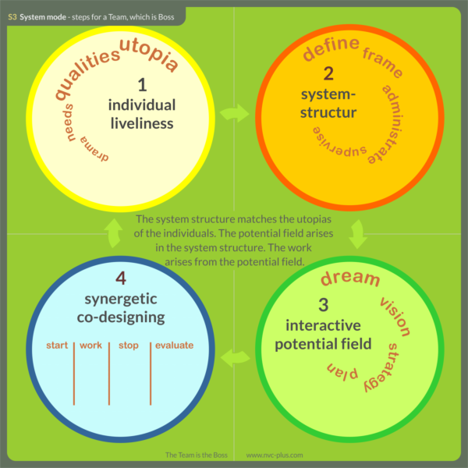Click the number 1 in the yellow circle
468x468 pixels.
(x=141, y=85)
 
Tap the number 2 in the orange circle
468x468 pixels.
(x=328, y=74)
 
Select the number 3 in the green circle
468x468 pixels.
(x=324, y=305)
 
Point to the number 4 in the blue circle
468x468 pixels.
(x=121, y=278)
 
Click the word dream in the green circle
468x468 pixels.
(x=350, y=278)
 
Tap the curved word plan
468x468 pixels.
(x=342, y=374)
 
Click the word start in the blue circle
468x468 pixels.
(x=58, y=345)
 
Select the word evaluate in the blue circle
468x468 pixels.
(x=174, y=345)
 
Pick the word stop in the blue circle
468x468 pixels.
(x=128, y=345)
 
